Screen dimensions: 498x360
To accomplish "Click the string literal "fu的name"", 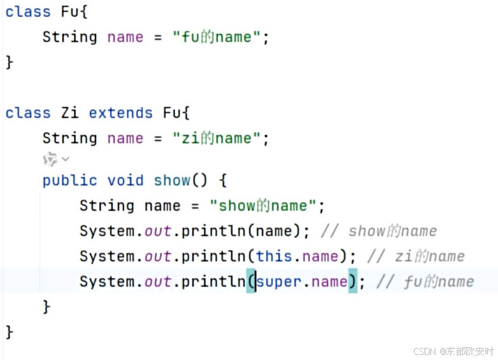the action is (x=216, y=37).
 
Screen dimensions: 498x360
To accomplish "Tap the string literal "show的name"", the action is (x=263, y=206).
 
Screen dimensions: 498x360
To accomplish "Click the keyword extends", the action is (x=121, y=113).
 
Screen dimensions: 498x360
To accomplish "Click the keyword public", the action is (x=70, y=180).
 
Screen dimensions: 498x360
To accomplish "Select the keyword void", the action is (x=126, y=180).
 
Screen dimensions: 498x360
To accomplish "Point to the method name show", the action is (x=172, y=180).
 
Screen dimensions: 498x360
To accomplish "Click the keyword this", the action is (x=274, y=256).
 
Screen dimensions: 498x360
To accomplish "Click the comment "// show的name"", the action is (x=378, y=232).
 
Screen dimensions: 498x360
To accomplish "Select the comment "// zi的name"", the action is (x=416, y=256).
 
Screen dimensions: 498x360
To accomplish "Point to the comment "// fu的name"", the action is (x=425, y=282).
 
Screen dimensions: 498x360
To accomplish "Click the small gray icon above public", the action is (x=50, y=159).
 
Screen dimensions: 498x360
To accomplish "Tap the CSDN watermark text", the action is (x=453, y=351).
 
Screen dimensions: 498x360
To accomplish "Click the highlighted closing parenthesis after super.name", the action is (x=352, y=282).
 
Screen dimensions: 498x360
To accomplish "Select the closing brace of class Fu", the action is (x=9, y=62).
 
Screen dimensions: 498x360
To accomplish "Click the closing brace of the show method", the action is (x=46, y=307).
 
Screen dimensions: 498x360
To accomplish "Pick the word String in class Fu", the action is (x=70, y=37).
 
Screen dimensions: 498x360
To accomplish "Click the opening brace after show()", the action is (x=223, y=180).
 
